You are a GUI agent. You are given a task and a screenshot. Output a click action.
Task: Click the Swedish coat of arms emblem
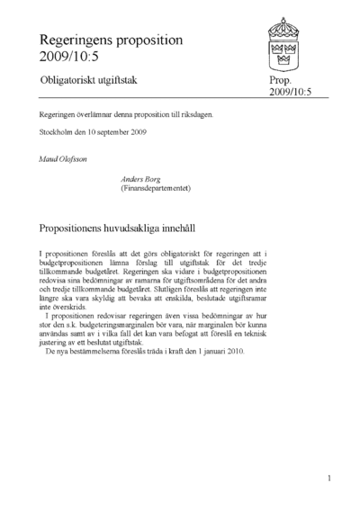[291, 40]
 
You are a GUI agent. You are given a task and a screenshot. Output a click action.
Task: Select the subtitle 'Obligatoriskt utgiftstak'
[94, 81]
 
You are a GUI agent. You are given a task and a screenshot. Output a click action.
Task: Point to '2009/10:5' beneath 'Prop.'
[291, 93]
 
